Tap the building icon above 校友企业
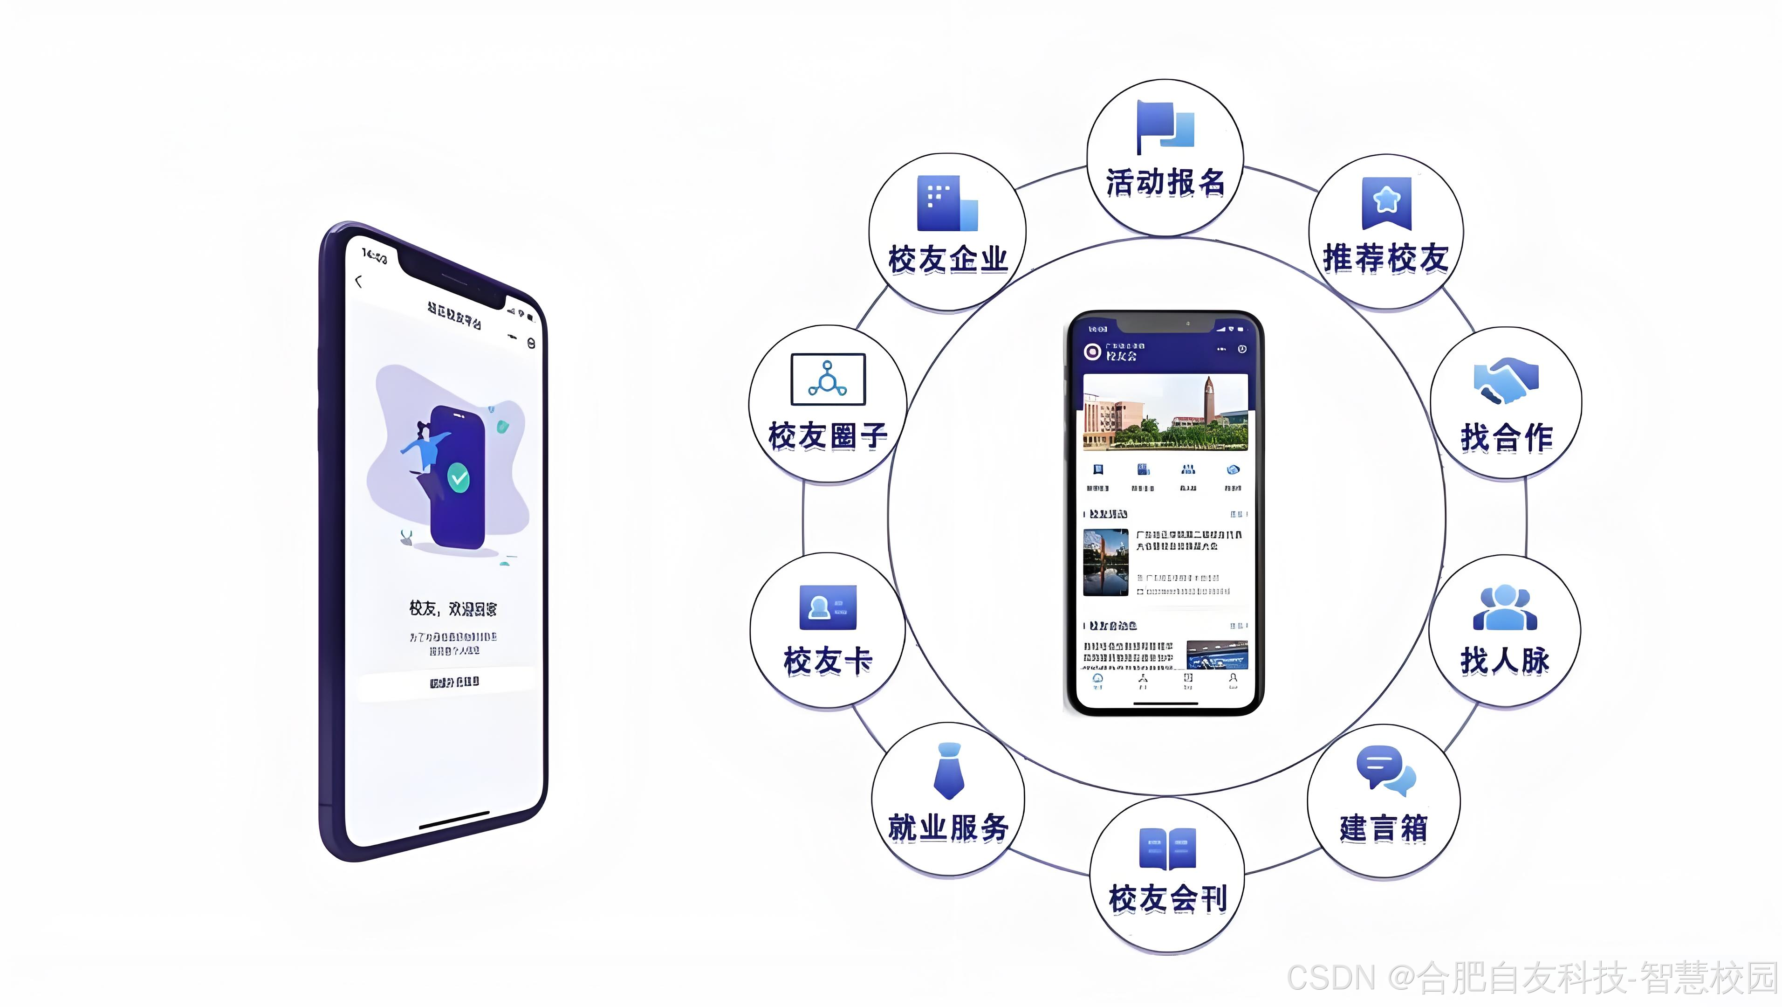(x=947, y=203)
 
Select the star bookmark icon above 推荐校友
(x=1386, y=202)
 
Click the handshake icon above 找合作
(x=1506, y=380)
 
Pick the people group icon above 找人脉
(x=1505, y=607)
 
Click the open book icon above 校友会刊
(x=1167, y=848)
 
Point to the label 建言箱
(x=1384, y=828)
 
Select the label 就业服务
(x=948, y=828)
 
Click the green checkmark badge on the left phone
(x=458, y=477)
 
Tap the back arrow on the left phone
(x=358, y=281)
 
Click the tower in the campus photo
(x=1208, y=400)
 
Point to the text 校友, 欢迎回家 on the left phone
(x=452, y=609)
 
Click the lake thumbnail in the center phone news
(x=1105, y=562)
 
